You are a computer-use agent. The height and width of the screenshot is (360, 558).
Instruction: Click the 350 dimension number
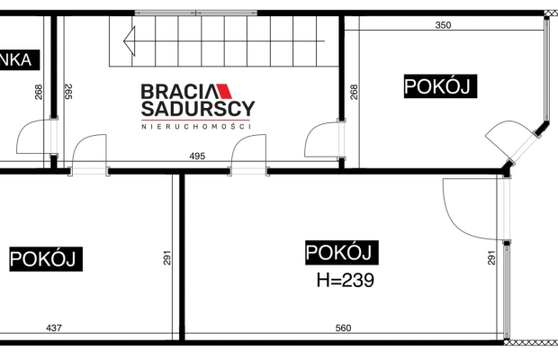pos(443,25)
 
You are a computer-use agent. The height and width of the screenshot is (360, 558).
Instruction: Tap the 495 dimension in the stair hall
pos(197,157)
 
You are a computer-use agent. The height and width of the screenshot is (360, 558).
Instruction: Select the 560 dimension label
pos(344,328)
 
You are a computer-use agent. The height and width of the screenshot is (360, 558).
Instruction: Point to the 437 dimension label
pos(54,328)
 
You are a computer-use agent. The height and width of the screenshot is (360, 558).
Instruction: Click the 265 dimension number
pos(68,92)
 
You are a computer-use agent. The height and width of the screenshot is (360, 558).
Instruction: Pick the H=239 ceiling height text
pos(346,280)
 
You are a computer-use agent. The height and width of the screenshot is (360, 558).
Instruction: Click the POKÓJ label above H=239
pos(342,253)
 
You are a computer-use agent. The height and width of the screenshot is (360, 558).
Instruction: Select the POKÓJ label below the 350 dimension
pos(441,86)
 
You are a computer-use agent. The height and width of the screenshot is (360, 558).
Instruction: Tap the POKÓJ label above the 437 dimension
pos(46,259)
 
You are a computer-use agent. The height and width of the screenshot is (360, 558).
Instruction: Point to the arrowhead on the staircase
pos(130,40)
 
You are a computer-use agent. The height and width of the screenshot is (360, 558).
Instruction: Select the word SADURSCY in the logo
pos(198,109)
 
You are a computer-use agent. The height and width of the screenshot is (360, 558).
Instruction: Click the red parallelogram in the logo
pos(225,91)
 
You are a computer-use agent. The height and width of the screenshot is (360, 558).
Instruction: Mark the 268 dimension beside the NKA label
pos(39,92)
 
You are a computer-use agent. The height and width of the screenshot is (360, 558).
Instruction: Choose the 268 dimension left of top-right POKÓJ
pos(354,92)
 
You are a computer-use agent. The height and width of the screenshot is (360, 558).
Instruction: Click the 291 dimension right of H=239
pos(491,258)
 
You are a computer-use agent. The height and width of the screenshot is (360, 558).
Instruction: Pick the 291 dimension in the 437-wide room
pos(167,258)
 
